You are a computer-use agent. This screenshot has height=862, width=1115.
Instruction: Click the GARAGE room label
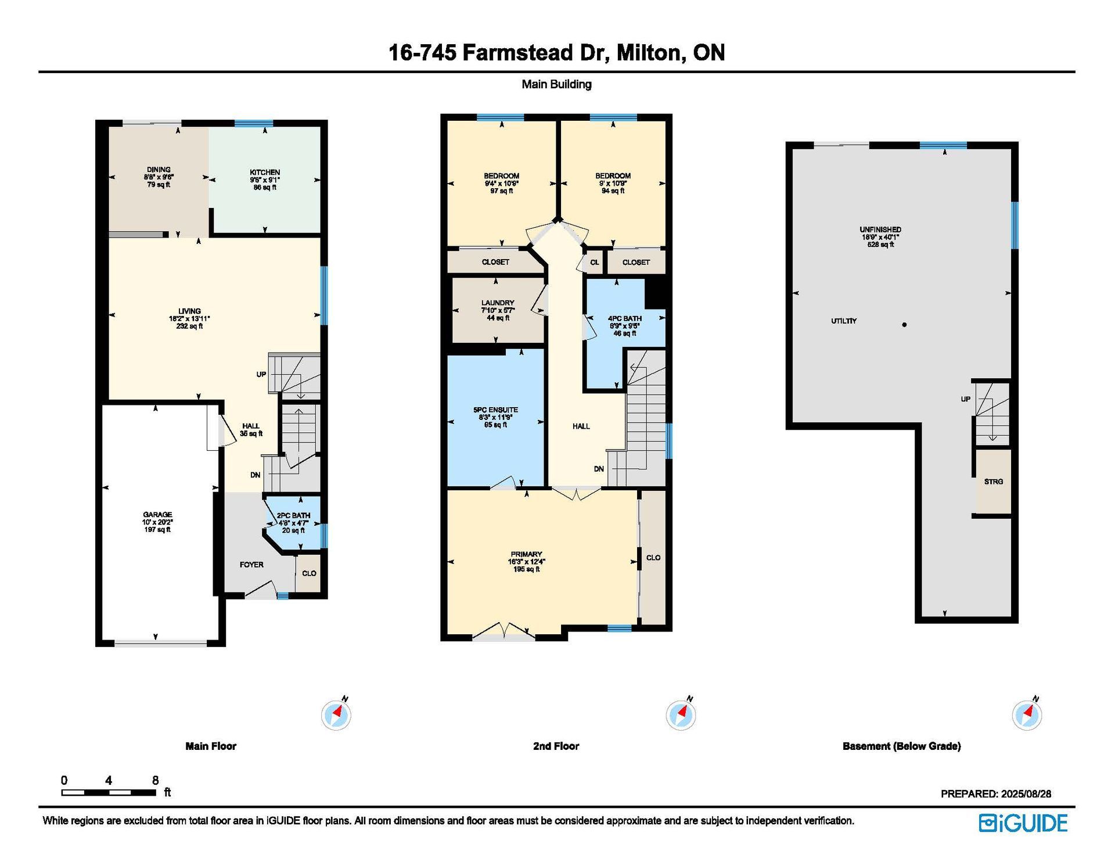157,515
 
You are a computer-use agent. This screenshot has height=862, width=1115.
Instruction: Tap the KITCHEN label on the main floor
265,173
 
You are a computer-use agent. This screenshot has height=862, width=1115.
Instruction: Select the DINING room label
159,170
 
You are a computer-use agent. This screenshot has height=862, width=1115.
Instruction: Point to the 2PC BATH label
293,515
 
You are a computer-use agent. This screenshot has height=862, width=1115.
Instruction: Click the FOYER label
251,565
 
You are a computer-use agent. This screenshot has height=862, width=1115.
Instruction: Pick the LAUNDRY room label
498,303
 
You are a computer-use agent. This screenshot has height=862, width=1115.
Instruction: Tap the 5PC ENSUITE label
495,410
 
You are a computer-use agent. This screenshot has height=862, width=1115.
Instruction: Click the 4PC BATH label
625,318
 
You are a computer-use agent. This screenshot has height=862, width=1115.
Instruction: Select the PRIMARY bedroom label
526,554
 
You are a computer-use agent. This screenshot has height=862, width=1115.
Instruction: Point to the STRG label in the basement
994,482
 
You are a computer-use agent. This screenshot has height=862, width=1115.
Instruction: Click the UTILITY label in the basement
844,321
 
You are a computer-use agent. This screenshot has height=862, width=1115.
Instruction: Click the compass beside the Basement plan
1027,714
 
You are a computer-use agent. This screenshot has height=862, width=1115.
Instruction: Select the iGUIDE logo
1023,823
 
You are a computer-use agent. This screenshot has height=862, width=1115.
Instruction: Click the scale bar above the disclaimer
109,792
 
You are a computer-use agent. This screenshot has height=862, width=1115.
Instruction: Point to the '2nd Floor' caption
556,746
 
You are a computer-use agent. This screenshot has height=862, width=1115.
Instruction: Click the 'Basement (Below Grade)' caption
901,746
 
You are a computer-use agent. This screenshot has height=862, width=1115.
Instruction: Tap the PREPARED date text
996,794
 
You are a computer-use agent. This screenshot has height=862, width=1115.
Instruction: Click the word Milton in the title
649,53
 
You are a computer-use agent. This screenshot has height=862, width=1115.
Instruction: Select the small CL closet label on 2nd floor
595,263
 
